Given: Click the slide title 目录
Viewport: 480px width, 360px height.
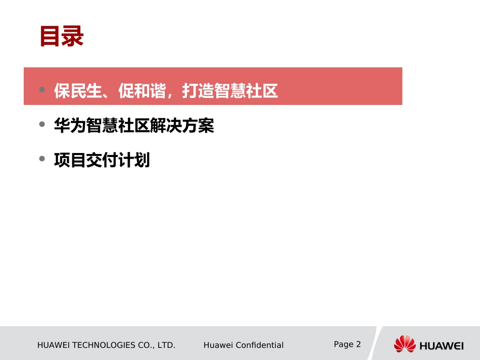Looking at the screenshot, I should tap(62, 37).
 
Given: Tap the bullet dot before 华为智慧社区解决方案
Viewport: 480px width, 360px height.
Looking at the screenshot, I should tap(42, 125).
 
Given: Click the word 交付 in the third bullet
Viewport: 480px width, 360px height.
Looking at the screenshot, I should tap(102, 161).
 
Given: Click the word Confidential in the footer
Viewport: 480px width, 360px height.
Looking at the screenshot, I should tap(258, 345).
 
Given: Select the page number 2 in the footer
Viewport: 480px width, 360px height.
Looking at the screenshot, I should tap(359, 344).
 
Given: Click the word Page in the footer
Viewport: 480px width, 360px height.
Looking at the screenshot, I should tap(344, 344).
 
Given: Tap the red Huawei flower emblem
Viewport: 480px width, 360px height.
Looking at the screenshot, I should tap(404, 344).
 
